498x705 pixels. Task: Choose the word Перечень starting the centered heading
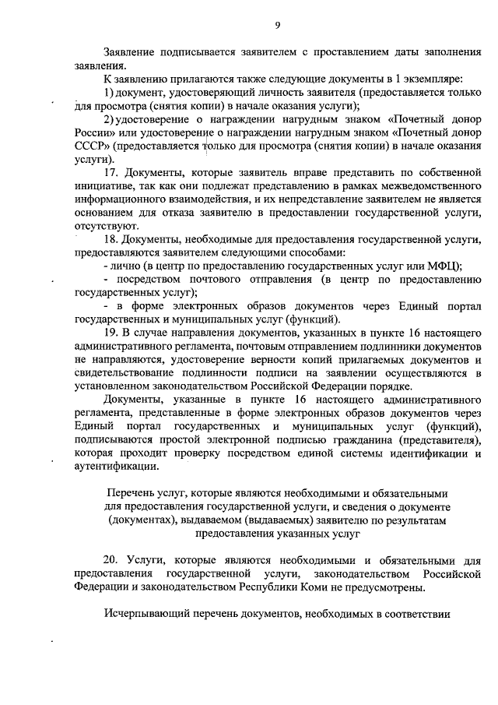[130, 493]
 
